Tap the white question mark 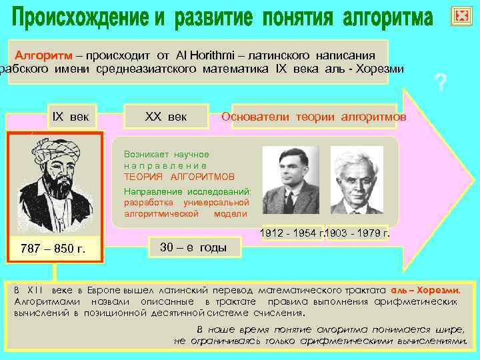point(440,83)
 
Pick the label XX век point(166,117)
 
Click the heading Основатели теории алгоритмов point(313,117)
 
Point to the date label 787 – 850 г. point(53,249)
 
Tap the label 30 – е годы point(193,247)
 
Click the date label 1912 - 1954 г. point(292,234)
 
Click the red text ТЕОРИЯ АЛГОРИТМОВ point(179,177)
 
